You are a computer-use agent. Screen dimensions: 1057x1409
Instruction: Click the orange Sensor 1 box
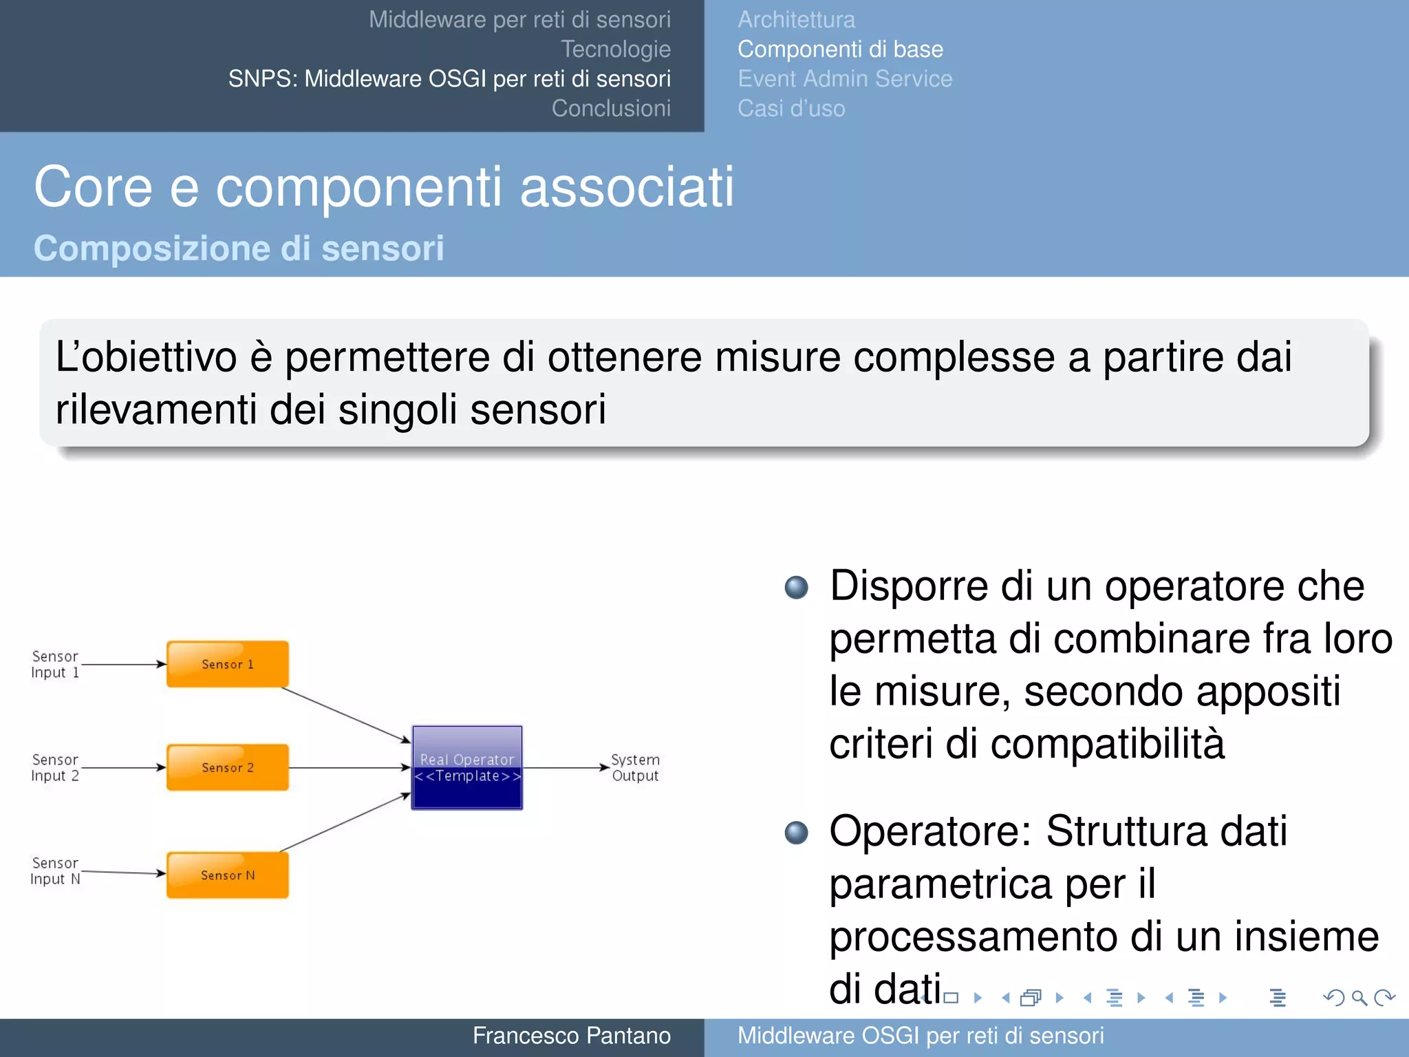point(227,664)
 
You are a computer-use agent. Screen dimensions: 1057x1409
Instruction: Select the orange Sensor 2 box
point(227,767)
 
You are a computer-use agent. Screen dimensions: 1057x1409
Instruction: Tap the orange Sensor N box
point(227,875)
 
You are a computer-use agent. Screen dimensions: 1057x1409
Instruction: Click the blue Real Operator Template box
point(467,768)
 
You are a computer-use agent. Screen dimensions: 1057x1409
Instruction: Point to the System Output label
point(635,767)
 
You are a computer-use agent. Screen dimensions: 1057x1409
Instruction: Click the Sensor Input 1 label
point(55,664)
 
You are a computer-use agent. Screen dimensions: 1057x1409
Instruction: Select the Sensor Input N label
point(55,871)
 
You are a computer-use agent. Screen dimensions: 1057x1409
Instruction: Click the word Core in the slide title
point(93,187)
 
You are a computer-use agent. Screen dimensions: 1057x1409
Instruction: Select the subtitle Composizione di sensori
point(239,248)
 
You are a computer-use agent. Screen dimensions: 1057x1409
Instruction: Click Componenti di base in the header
point(840,50)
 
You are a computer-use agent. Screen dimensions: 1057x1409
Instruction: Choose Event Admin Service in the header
point(845,79)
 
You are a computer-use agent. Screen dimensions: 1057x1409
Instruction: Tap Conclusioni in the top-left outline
point(611,109)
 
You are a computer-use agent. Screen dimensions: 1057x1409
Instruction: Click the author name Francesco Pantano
point(571,1036)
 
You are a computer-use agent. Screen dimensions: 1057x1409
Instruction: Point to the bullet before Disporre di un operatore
point(797,587)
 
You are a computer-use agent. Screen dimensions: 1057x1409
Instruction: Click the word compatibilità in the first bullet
point(1108,744)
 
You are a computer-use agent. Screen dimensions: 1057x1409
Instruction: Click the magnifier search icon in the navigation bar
point(1359,997)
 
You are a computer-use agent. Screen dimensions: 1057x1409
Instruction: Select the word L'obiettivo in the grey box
point(146,358)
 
